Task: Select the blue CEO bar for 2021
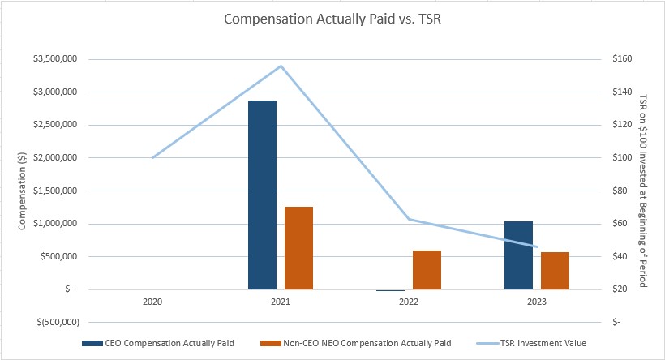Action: [x=262, y=195]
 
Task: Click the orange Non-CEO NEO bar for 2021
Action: [x=298, y=247]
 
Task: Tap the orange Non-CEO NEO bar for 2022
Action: [x=427, y=269]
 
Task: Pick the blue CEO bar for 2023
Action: [x=518, y=255]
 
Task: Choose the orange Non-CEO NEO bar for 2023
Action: [x=555, y=270]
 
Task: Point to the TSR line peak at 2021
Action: [x=281, y=66]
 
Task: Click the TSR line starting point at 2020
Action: [x=152, y=157]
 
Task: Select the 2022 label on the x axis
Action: [x=409, y=301]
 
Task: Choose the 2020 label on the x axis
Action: [x=152, y=301]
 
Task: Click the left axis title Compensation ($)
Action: [x=23, y=191]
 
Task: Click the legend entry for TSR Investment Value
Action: [x=547, y=343]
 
